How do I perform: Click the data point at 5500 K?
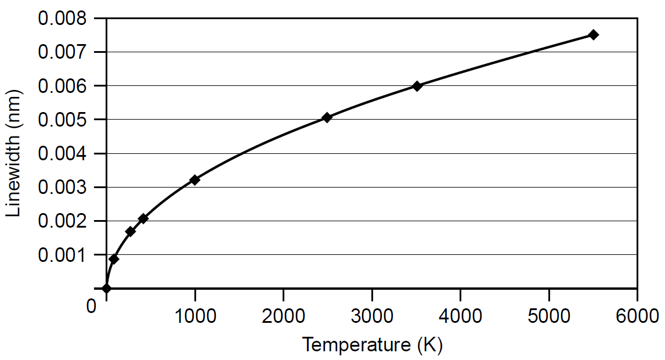(x=593, y=35)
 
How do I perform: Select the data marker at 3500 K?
(x=417, y=86)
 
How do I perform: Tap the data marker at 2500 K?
(x=327, y=117)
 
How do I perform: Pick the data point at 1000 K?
(x=195, y=180)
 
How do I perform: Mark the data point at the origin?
(x=106, y=288)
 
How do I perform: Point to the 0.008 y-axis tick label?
(x=62, y=19)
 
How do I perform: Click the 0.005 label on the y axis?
(x=62, y=120)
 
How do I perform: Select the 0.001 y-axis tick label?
(x=62, y=255)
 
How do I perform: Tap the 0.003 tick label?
(x=62, y=188)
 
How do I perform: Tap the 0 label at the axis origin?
(x=91, y=305)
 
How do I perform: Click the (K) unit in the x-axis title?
(x=429, y=345)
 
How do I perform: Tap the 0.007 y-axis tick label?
(x=62, y=52)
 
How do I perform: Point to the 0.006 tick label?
(x=62, y=86)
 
